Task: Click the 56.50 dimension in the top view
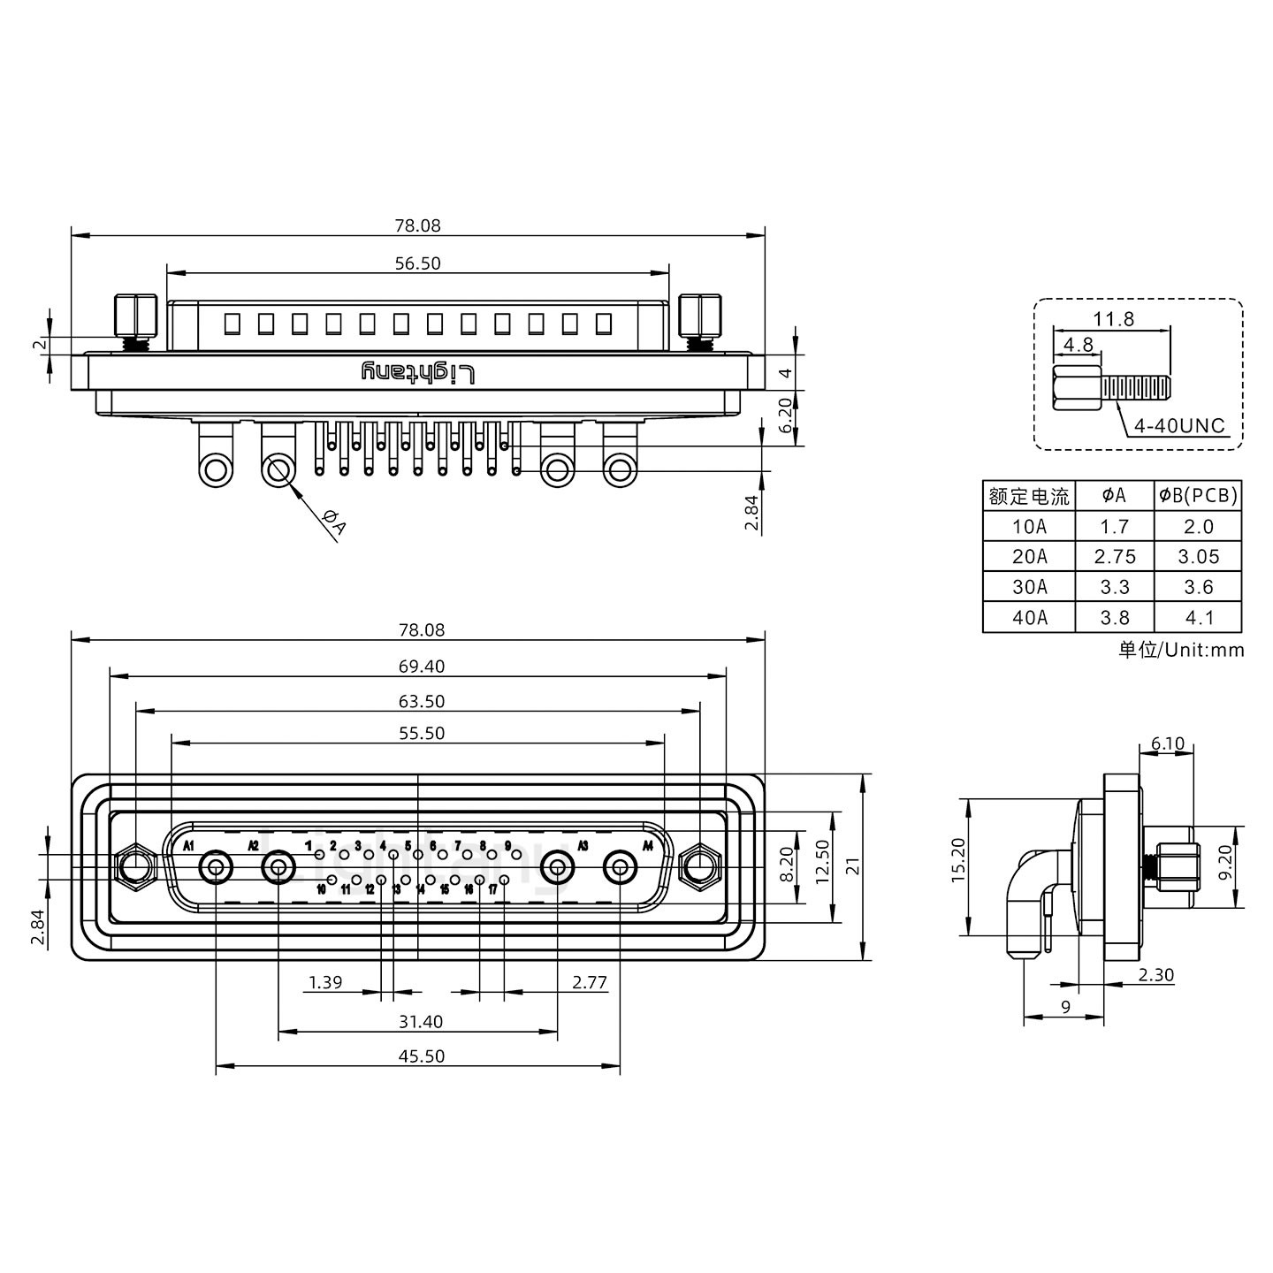click(x=418, y=263)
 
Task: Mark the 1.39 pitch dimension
click(x=325, y=982)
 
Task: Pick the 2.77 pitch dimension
click(x=589, y=982)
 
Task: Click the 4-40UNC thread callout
click(x=1179, y=426)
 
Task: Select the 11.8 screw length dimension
click(x=1113, y=319)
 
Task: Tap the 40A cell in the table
click(x=1029, y=618)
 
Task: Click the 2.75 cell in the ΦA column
click(x=1114, y=557)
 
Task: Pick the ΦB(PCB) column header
click(x=1198, y=496)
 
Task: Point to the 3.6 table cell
click(x=1198, y=587)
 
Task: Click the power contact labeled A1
click(x=216, y=868)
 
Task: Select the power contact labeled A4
click(x=620, y=868)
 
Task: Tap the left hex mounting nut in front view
click(x=134, y=867)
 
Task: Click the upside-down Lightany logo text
click(x=418, y=372)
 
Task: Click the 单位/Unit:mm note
click(x=1180, y=651)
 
